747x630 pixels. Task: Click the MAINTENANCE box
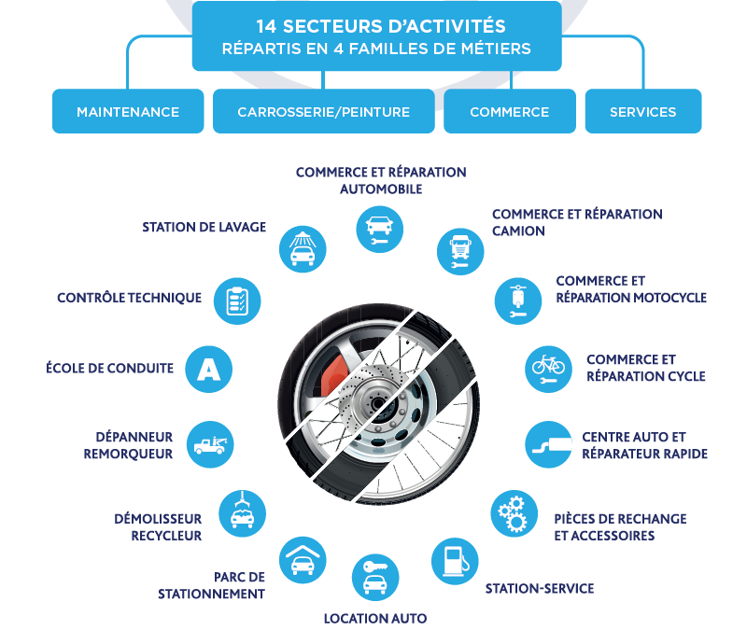click(128, 111)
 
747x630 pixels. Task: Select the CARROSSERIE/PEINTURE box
click(323, 111)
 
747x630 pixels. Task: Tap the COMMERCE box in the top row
click(510, 111)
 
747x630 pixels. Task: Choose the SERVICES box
click(643, 111)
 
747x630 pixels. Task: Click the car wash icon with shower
click(303, 249)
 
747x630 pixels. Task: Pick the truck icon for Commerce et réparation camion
click(460, 251)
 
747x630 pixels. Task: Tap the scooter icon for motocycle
click(518, 301)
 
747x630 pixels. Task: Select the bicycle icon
click(548, 369)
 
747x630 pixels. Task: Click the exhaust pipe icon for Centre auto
click(549, 444)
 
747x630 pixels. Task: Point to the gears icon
click(514, 513)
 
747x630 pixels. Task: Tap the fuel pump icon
click(455, 561)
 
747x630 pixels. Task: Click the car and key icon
click(375, 578)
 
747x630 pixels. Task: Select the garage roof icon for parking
click(303, 560)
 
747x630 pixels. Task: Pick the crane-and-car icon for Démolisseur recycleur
click(242, 513)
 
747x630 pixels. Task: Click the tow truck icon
click(210, 444)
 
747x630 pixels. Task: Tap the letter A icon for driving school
click(208, 369)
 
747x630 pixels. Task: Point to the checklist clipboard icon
click(237, 301)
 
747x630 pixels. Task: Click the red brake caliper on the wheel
click(333, 376)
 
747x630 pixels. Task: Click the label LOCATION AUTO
click(375, 619)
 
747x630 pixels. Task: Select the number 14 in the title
click(266, 27)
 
